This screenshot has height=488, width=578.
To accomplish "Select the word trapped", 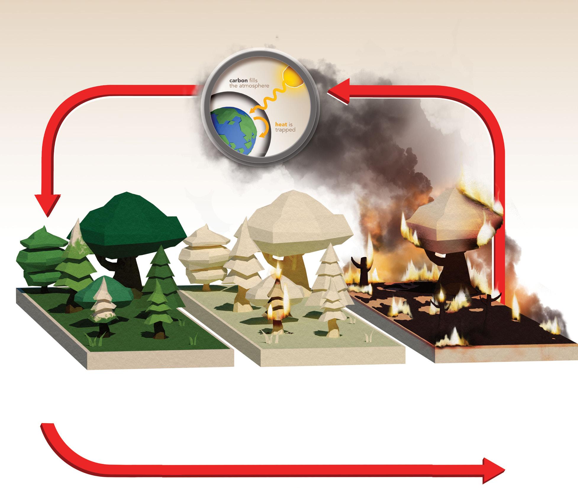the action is pyautogui.click(x=285, y=130).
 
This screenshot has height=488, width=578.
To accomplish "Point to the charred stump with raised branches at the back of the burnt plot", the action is pyautogui.click(x=362, y=271).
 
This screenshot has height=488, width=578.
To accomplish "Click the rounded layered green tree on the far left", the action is pyautogui.click(x=41, y=257).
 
